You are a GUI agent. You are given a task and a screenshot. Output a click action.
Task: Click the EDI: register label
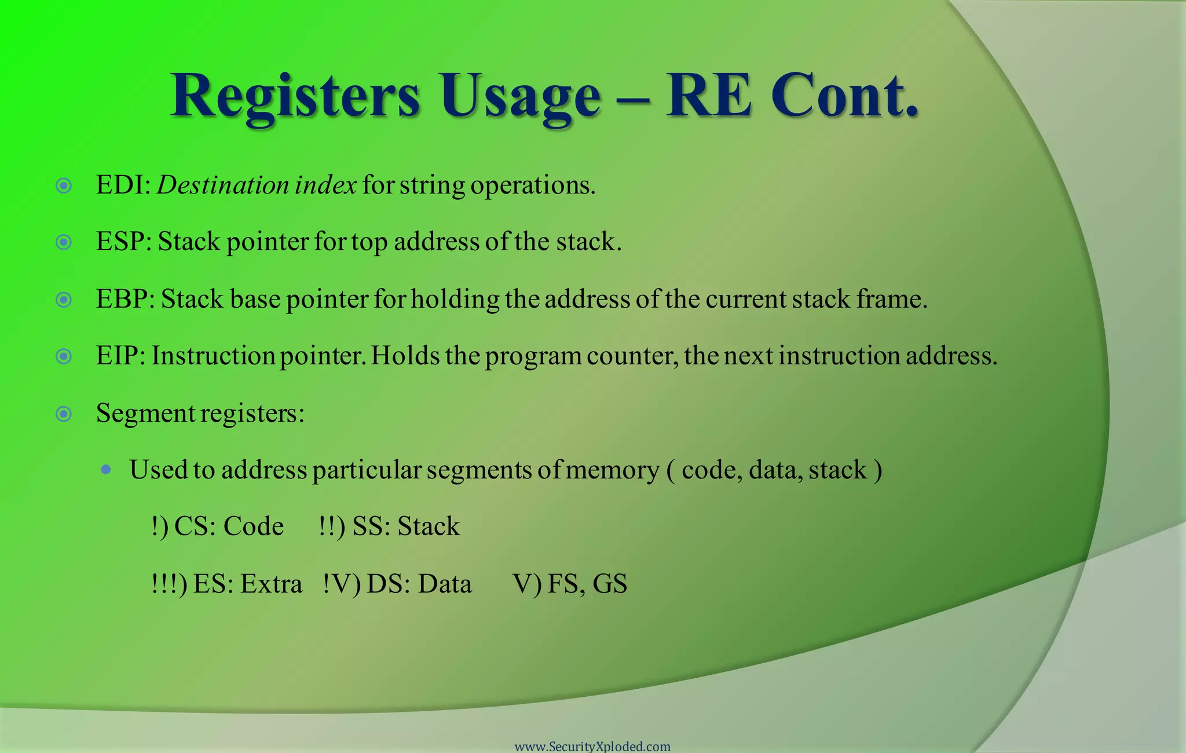(123, 185)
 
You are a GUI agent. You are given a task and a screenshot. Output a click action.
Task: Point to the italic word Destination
(223, 185)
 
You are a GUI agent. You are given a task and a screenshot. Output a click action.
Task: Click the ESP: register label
(123, 242)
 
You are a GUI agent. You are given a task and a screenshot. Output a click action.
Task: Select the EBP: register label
(125, 299)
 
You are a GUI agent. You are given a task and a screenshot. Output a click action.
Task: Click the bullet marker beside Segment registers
(64, 414)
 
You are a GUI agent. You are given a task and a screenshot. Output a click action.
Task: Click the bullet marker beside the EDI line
(64, 186)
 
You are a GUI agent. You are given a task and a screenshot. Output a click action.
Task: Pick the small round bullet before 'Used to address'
(105, 470)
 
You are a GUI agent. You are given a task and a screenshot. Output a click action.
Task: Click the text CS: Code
(229, 527)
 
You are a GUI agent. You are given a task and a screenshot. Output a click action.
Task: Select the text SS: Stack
(406, 527)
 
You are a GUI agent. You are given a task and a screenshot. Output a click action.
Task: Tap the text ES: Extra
(247, 584)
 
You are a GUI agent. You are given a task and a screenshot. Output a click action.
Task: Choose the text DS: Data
(419, 584)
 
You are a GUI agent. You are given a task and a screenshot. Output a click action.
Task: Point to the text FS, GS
(587, 584)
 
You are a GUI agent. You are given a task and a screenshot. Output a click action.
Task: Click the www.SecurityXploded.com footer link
(592, 747)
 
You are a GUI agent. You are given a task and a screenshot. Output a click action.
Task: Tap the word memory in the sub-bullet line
(612, 470)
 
